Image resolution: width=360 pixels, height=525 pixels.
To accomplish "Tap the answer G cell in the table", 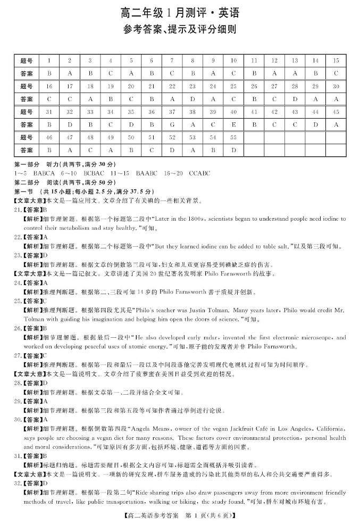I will coord(172,124).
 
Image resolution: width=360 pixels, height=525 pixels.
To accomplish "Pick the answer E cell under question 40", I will coord(233,124).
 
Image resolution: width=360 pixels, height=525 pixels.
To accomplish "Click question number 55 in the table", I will coord(233,137).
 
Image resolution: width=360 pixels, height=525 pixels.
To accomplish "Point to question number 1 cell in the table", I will coord(49,61).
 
